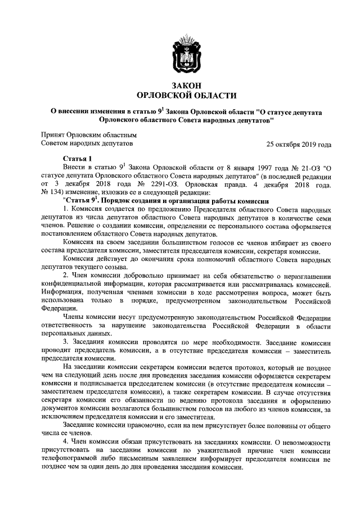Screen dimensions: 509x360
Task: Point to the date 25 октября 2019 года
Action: click(x=299, y=144)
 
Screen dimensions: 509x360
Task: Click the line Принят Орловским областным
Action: click(x=89, y=135)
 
